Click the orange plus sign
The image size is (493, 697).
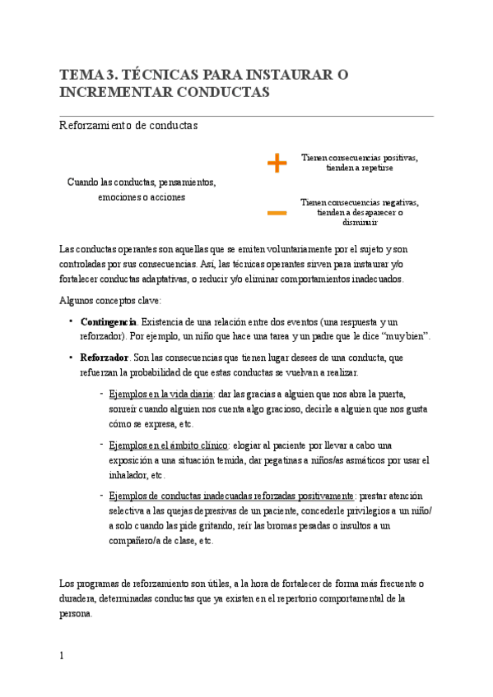[277, 164]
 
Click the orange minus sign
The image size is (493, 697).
[277, 214]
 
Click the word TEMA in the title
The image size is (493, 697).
[81, 75]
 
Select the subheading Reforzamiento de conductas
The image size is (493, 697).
[128, 126]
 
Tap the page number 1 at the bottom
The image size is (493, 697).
[62, 655]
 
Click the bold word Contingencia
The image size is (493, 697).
[109, 321]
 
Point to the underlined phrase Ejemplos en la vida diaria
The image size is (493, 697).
[161, 394]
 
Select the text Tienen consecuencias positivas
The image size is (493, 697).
[360, 157]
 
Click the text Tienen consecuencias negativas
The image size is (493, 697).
[360, 202]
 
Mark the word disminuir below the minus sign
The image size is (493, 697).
[360, 222]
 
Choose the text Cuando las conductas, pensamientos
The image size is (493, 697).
[142, 182]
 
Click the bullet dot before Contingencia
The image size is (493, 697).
[72, 321]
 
